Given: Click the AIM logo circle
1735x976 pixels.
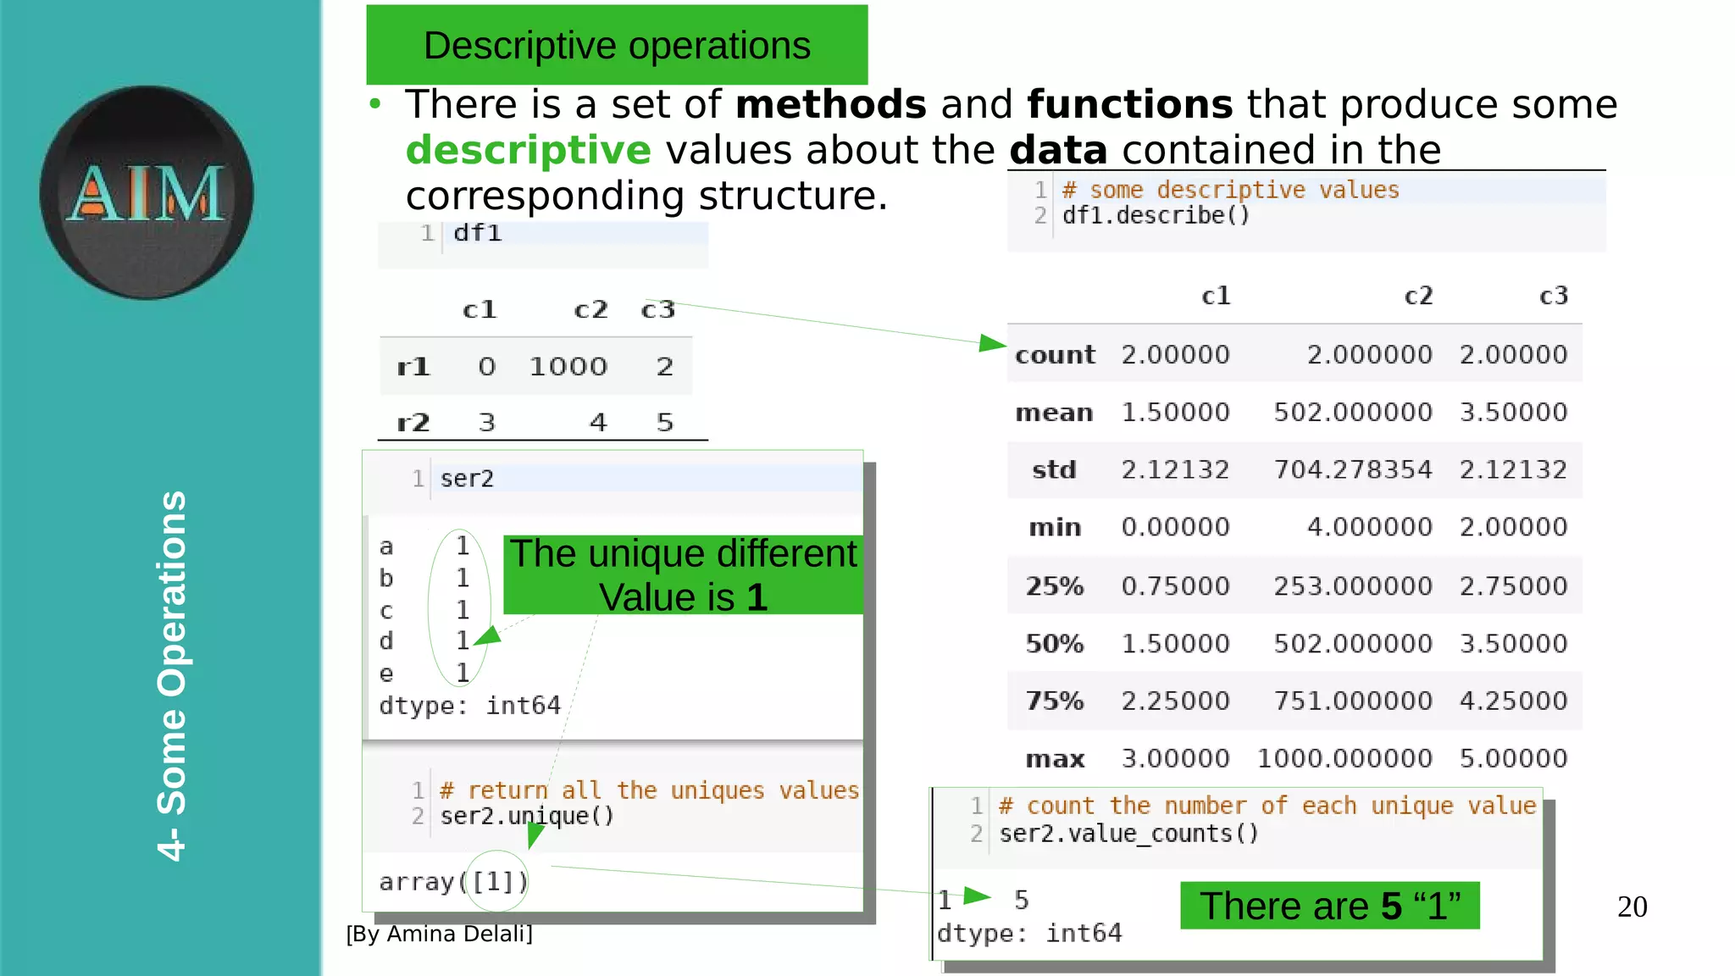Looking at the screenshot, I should (147, 192).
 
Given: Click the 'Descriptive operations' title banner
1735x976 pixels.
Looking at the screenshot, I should (617, 45).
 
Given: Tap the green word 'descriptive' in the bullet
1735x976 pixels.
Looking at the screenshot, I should (529, 150).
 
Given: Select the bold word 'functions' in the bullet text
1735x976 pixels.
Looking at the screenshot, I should (1129, 104).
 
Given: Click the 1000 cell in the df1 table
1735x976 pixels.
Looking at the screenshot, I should (568, 367).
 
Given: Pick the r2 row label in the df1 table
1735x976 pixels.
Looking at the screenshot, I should (413, 422).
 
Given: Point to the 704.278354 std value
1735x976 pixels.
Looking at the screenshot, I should (1353, 469).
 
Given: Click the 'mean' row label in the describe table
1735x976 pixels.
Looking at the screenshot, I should (1054, 413).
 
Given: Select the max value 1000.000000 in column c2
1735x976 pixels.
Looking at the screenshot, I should (1344, 758).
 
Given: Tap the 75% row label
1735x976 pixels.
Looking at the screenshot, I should (1055, 701).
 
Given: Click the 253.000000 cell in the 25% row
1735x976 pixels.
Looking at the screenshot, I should (1353, 585).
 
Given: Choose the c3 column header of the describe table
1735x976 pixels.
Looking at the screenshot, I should (1553, 296).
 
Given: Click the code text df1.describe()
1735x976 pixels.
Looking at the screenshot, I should (1156, 215).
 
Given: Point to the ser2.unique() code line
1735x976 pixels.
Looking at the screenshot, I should (527, 816).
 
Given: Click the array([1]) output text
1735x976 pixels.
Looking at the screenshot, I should (453, 882).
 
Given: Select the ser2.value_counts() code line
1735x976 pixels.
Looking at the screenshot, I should (1128, 834).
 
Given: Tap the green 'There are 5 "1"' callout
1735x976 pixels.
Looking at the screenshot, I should (1329, 906).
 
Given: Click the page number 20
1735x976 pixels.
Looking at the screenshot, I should (1632, 907).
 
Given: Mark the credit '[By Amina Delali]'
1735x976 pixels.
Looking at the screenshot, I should (439, 934).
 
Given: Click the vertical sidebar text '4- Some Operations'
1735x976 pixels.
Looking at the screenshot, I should (172, 675).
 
